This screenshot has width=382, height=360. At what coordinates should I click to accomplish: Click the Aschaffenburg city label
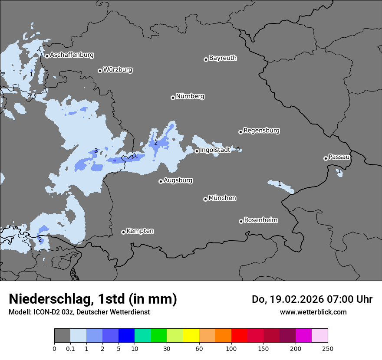click(72, 55)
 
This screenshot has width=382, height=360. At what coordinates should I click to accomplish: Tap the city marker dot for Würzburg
click(100, 71)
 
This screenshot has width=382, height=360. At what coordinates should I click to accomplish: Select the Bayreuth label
click(223, 58)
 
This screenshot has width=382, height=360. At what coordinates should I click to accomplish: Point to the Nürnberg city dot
click(173, 98)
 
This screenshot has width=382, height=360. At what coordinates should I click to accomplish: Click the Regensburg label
click(261, 131)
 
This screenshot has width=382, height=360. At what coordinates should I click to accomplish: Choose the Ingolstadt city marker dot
click(197, 151)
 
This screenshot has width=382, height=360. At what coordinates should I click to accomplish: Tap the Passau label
click(339, 157)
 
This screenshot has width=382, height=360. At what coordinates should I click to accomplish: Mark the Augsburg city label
click(178, 180)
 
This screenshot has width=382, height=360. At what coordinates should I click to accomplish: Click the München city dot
click(205, 200)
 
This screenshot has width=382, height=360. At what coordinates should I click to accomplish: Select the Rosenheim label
click(260, 220)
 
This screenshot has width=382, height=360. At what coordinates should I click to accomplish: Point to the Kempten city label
click(140, 231)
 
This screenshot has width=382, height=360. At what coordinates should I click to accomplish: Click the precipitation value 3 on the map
click(96, 151)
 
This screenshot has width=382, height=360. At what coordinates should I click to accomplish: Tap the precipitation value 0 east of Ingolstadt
click(238, 150)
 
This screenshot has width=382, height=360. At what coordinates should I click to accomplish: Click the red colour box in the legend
click(239, 336)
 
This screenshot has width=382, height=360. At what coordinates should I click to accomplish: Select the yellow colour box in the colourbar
click(191, 336)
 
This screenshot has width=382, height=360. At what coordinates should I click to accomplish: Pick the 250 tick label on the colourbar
click(328, 348)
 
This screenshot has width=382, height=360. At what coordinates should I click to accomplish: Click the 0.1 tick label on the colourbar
click(70, 348)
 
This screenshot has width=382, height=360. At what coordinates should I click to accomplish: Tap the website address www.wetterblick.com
click(313, 312)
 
